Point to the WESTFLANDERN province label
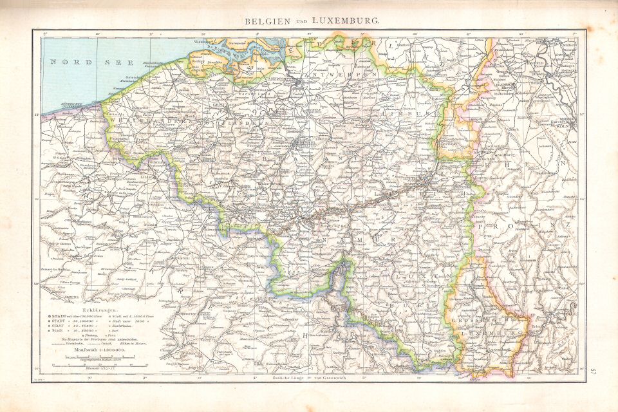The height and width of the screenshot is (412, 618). pos(148,120)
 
